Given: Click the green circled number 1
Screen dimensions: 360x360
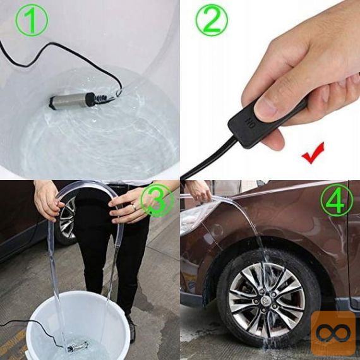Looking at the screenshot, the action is coord(32,20).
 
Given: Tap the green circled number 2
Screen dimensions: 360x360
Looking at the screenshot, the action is coord(212,20).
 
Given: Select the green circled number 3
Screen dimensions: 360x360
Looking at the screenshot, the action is coord(157,200).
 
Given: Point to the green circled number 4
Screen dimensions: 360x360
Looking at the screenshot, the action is coord(337,200).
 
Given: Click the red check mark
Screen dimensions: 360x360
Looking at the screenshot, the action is coord(313,153).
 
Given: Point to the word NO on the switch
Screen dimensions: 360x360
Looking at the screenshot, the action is coord(250,123).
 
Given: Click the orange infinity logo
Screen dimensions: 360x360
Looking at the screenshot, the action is coord(333,333).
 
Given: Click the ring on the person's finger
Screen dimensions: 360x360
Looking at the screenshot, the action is coord(134,207).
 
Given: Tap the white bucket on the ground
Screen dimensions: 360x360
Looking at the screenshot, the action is coord(78,326).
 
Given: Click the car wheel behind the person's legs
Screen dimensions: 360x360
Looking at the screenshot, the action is coord(66,220).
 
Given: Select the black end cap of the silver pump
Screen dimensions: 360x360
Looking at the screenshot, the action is coord(91,99).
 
